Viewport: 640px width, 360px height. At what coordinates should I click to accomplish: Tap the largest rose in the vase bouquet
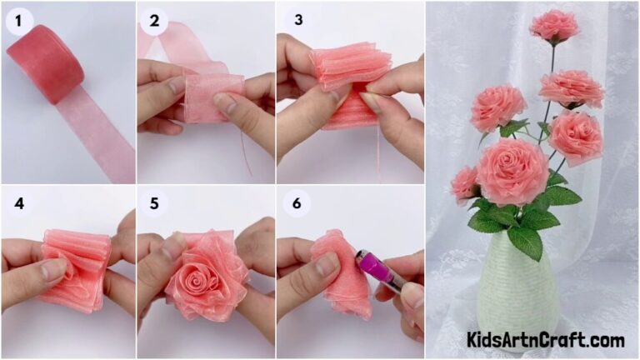click(512, 171)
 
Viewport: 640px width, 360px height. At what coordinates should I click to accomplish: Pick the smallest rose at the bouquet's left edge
click(463, 184)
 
